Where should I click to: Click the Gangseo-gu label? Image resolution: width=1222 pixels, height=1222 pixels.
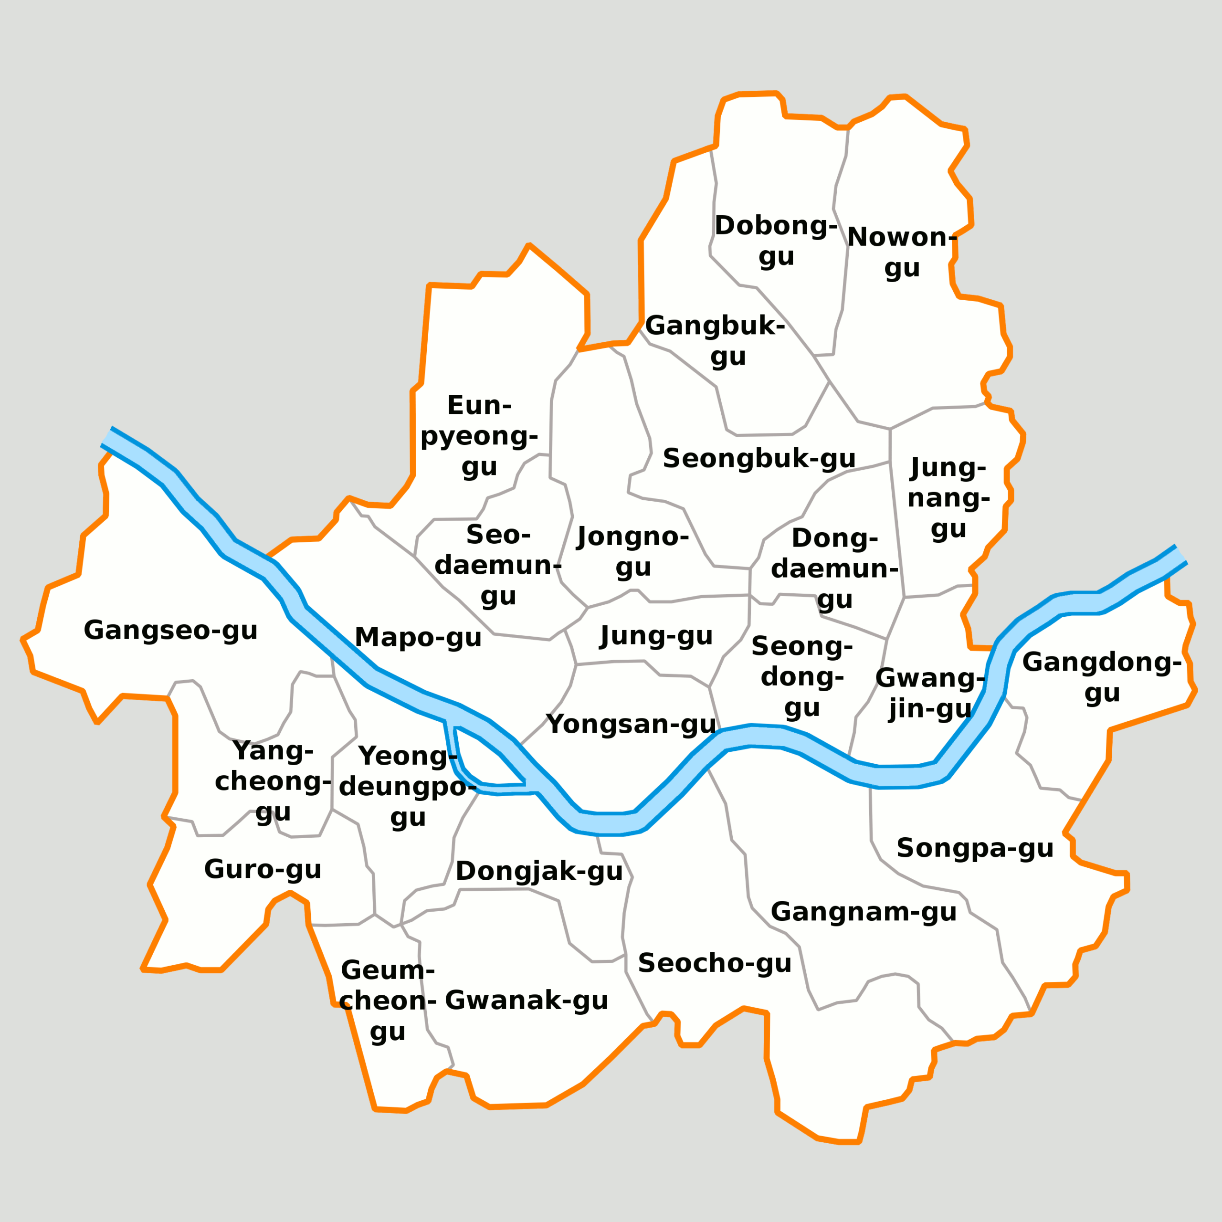pyautogui.click(x=171, y=630)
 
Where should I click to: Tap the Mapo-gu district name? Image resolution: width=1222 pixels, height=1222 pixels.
pyautogui.click(x=418, y=637)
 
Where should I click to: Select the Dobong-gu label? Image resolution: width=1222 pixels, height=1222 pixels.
pyautogui.click(x=776, y=241)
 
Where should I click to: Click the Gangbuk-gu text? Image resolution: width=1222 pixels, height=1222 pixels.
pyautogui.click(x=716, y=341)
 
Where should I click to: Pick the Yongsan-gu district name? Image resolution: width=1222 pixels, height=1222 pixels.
pyautogui.click(x=631, y=724)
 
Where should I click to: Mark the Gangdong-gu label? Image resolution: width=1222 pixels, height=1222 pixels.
pyautogui.click(x=1102, y=677)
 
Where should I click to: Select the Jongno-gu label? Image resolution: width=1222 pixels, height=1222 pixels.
pyautogui.click(x=633, y=551)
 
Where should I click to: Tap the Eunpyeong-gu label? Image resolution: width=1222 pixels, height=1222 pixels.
pyautogui.click(x=479, y=436)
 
